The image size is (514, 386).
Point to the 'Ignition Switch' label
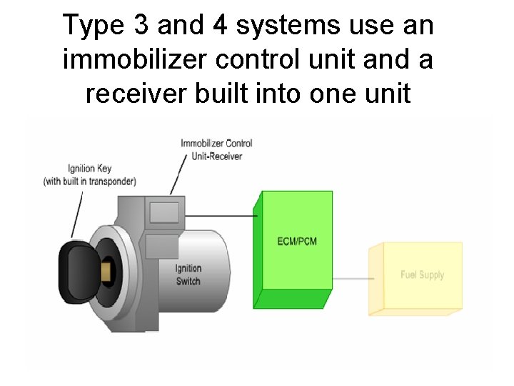(x=188, y=275)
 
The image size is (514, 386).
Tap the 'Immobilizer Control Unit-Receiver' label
(x=216, y=149)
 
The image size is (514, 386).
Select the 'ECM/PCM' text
(x=297, y=241)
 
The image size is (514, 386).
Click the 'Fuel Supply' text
(x=422, y=274)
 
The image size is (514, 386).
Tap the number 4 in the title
(x=219, y=26)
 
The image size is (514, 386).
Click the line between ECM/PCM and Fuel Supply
(x=351, y=278)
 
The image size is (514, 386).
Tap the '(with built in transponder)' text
(x=90, y=182)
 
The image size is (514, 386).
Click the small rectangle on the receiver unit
(x=164, y=212)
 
